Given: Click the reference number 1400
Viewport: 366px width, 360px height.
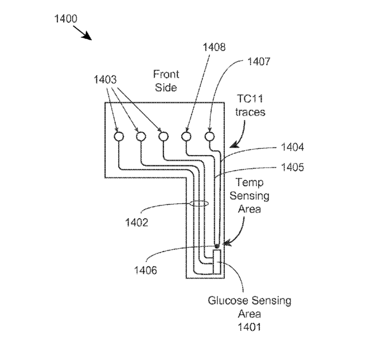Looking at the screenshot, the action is tap(65, 19).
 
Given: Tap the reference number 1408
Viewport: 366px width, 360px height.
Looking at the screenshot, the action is tap(214, 47).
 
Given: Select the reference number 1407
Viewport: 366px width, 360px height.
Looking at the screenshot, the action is tap(259, 61).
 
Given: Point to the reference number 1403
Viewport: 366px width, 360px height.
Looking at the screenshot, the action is tap(105, 80).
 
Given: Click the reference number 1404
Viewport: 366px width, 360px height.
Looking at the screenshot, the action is tap(293, 147).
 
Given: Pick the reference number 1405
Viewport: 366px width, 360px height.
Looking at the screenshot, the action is tap(293, 167).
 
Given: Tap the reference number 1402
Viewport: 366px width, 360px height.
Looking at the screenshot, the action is tap(137, 222).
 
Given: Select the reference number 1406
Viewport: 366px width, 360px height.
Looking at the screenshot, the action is tap(146, 270).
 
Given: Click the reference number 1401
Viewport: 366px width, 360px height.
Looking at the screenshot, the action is tap(249, 327).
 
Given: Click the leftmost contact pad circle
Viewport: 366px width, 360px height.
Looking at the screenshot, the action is tap(119, 137).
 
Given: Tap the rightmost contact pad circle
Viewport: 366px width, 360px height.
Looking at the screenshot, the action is tap(209, 137).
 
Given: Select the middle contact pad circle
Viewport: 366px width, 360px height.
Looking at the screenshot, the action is tap(163, 137).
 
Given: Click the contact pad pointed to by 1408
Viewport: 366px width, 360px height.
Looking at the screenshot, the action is tap(186, 137).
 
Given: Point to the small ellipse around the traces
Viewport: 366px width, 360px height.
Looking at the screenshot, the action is tap(199, 201).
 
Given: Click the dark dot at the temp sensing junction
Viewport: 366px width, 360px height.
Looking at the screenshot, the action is tap(217, 246).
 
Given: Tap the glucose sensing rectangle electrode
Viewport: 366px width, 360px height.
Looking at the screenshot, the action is tap(217, 262).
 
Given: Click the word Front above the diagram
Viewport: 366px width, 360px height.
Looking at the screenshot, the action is tap(166, 74).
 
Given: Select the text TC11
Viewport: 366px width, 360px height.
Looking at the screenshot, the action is tap(250, 99).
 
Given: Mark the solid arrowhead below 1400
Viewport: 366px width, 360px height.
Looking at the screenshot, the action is tap(88, 36).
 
